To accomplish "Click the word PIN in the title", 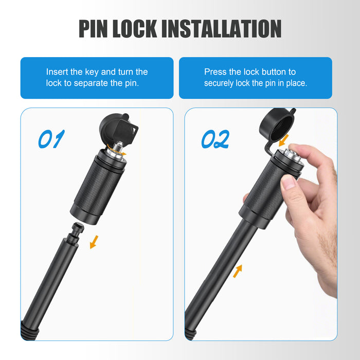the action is (x=93, y=28).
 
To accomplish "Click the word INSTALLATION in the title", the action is (x=222, y=28).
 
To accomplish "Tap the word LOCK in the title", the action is (x=135, y=28).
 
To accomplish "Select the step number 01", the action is (x=51, y=139).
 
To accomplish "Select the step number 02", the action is (x=215, y=139).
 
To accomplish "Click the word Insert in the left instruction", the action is (x=57, y=72).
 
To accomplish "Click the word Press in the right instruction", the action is (x=214, y=72).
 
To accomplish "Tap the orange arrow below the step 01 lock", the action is (x=94, y=242).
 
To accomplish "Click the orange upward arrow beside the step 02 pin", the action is (x=238, y=271).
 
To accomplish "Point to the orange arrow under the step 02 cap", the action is (x=283, y=140).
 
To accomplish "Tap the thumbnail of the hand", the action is (x=289, y=182).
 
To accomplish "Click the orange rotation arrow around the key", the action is (x=116, y=150).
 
